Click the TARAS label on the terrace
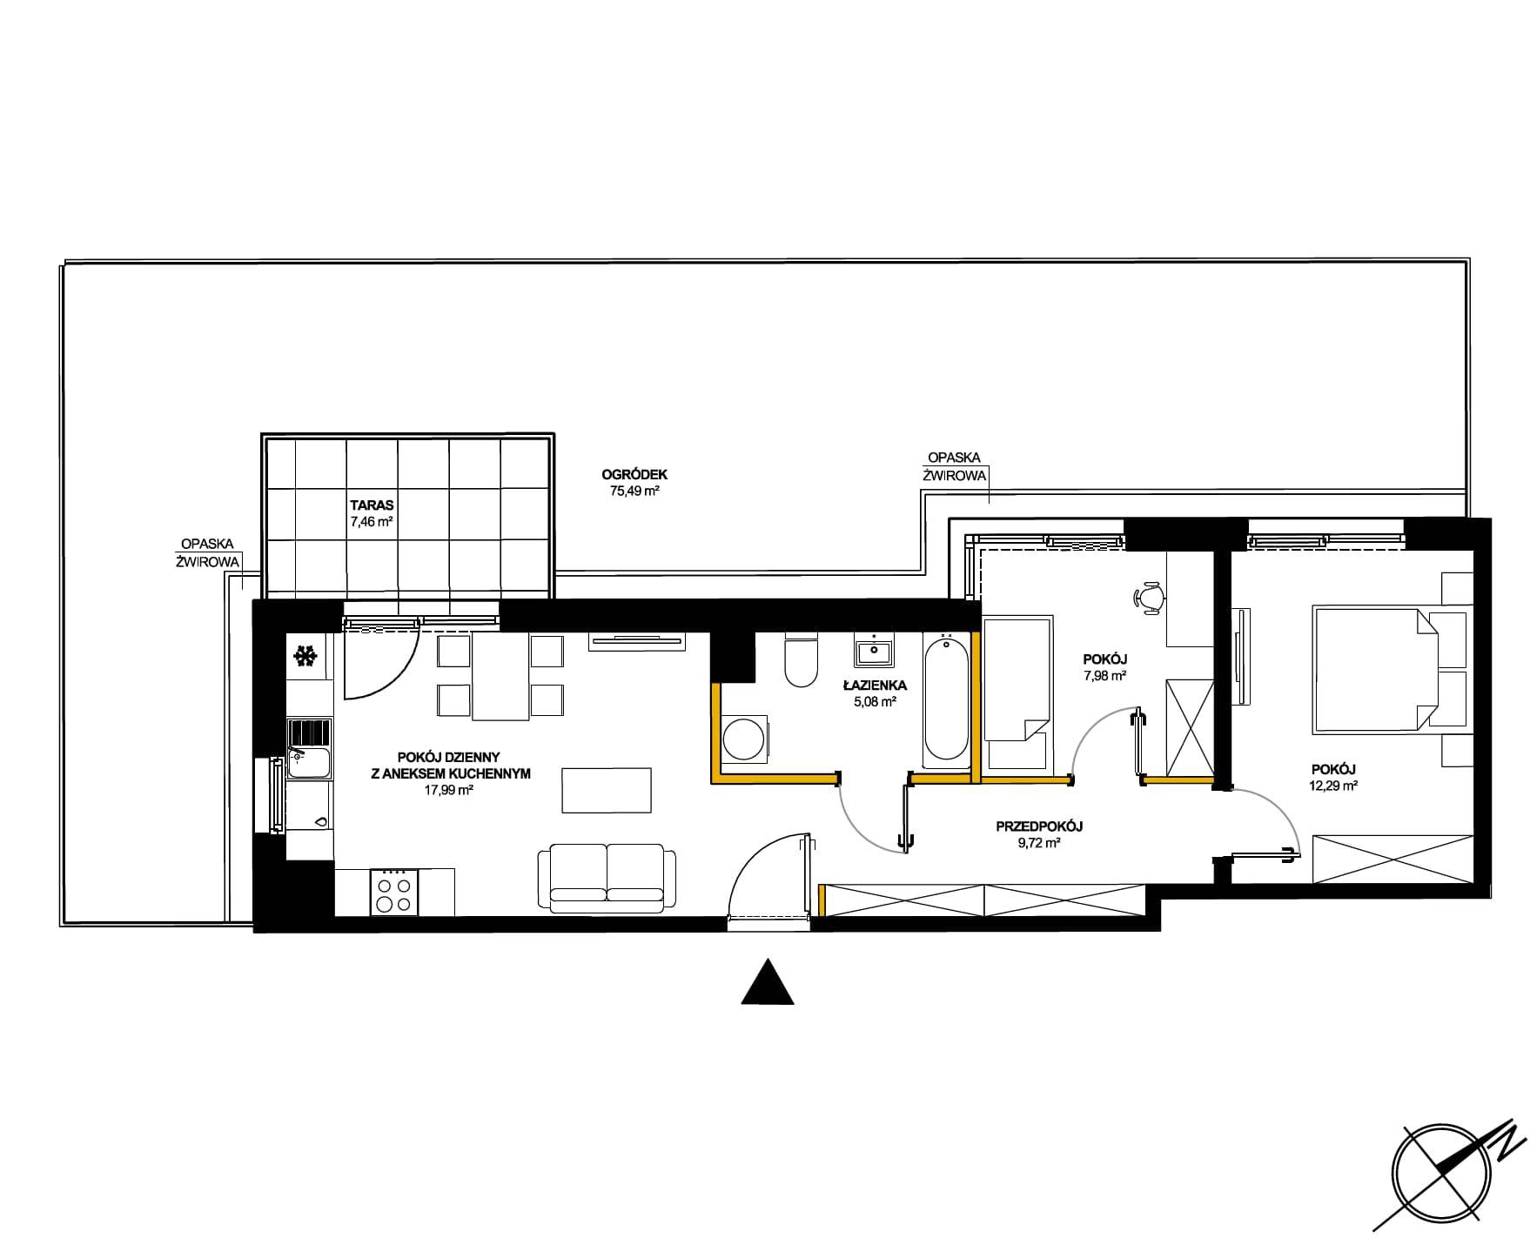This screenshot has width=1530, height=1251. tap(372, 505)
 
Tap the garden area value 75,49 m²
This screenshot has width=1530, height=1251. tap(634, 491)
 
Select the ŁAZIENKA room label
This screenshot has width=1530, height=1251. tap(875, 686)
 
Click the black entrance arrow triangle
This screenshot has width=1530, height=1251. tap(768, 981)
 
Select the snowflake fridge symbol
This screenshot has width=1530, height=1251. tap(305, 656)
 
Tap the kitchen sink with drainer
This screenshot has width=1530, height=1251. tap(310, 748)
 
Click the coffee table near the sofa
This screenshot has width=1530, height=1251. tap(607, 790)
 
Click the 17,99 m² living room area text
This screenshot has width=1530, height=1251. tap(448, 790)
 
